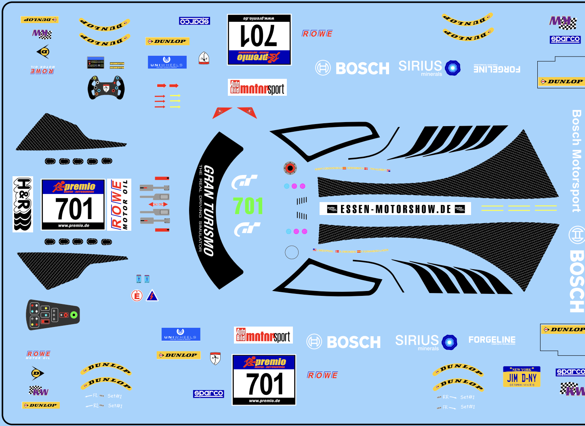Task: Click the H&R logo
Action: pos(23,204)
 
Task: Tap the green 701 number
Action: pos(248,206)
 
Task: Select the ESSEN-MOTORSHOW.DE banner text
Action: pos(395,209)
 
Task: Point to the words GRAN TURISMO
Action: pos(208,210)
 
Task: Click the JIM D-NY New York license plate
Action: pos(522,377)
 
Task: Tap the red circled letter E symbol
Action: pos(137,296)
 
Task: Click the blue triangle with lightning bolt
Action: pos(152,296)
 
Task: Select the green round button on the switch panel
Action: pos(74,314)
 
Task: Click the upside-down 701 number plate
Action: pos(259,40)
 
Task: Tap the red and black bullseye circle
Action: pos(290,168)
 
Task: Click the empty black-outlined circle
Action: pos(292,252)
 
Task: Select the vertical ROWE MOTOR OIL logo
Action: pos(119,205)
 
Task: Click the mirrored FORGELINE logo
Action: pos(497,69)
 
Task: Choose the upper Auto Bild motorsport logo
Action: pos(257,87)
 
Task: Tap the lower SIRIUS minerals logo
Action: pos(426,342)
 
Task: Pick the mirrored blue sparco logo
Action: pos(194,21)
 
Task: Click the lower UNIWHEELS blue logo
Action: pos(181,334)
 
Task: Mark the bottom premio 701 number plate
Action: pos(264,380)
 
